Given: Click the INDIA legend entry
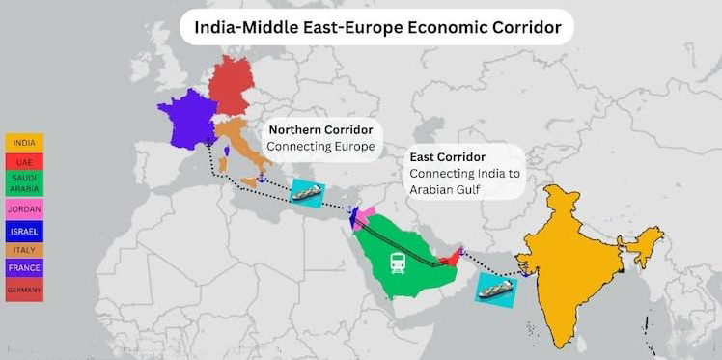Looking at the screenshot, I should coord(23,143).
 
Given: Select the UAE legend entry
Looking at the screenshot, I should coord(23,162).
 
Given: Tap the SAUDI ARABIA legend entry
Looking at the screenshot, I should coord(23,183).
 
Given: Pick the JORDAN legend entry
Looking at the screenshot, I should coord(23,208).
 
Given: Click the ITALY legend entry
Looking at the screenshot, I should coord(23,251).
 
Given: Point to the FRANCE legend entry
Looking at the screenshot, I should coord(23,269).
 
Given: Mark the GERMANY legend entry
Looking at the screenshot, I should coord(23,290).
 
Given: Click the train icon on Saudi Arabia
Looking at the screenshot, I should coord(398,262).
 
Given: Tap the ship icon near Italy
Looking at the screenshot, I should coord(307,192).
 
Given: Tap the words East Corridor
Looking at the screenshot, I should coord(447,156).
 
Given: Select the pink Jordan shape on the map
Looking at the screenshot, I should coord(367,212).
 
